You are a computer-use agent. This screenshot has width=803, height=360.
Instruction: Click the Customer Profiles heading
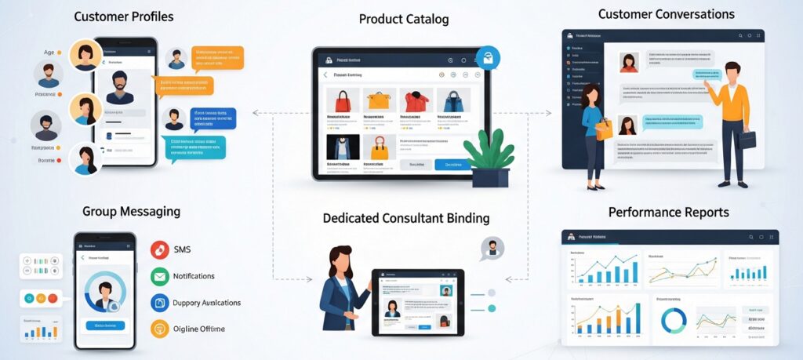124,16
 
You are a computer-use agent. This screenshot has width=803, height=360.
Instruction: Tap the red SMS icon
160,250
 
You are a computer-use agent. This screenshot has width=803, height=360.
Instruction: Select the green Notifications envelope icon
160,276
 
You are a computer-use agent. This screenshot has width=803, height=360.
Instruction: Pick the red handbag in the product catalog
343,100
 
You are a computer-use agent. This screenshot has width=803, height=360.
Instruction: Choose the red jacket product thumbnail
416,100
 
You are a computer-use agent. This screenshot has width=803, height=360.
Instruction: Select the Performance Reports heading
668,213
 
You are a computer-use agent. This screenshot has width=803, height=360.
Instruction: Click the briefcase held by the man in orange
746,140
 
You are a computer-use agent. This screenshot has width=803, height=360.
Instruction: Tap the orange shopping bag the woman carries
603,129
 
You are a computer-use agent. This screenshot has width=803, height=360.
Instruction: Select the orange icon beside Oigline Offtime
160,329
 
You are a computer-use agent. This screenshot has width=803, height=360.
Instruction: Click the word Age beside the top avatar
49,52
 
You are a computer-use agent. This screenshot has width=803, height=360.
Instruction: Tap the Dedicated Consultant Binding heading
405,218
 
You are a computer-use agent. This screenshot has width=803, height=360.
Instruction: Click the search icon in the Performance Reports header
750,237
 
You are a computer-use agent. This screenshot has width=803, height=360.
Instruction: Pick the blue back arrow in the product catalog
325,75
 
